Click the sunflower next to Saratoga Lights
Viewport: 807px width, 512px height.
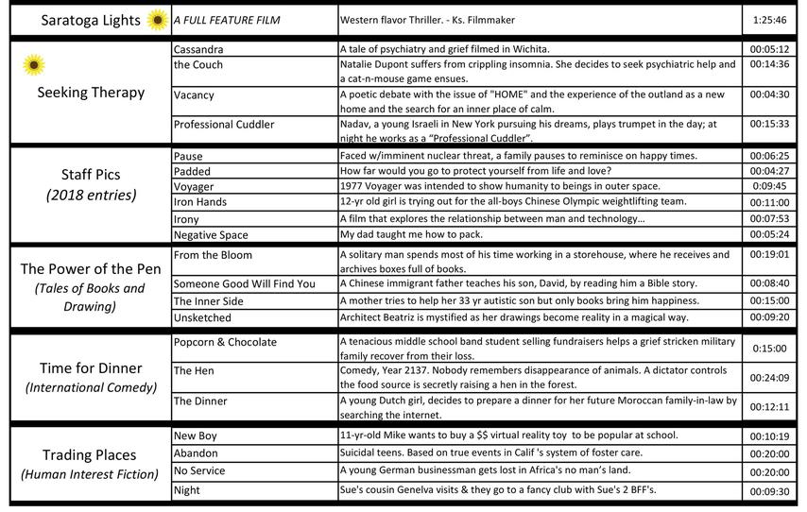pyautogui.click(x=157, y=20)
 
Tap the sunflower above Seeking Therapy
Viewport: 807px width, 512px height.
pyautogui.click(x=34, y=65)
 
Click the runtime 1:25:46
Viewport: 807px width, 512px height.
pyautogui.click(x=770, y=19)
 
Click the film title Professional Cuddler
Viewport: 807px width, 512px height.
pyautogui.click(x=224, y=125)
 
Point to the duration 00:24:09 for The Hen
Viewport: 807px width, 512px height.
pyautogui.click(x=770, y=378)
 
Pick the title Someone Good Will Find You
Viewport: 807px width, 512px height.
pyautogui.click(x=245, y=283)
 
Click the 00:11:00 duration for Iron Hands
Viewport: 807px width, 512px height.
pyautogui.click(x=770, y=202)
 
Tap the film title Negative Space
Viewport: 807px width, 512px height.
pyautogui.click(x=211, y=235)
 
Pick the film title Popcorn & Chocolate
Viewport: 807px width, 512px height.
pyautogui.click(x=225, y=342)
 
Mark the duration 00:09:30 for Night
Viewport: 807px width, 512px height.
pyautogui.click(x=770, y=491)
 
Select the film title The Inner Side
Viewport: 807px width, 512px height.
pyautogui.click(x=209, y=300)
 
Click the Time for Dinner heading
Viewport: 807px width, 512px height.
pyautogui.click(x=91, y=367)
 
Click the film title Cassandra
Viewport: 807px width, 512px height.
pyautogui.click(x=200, y=48)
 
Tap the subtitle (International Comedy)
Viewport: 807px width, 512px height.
pyautogui.click(x=91, y=388)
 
